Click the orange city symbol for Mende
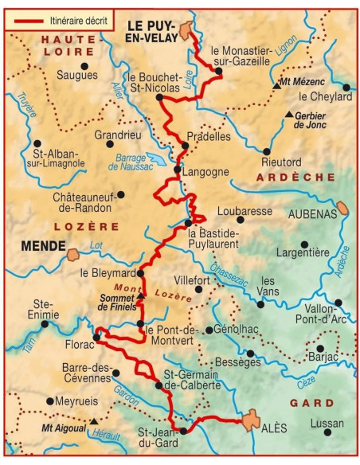[x=72, y=255]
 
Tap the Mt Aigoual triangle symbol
[x=95, y=420]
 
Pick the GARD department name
[x=311, y=403]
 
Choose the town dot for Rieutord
[x=267, y=151]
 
